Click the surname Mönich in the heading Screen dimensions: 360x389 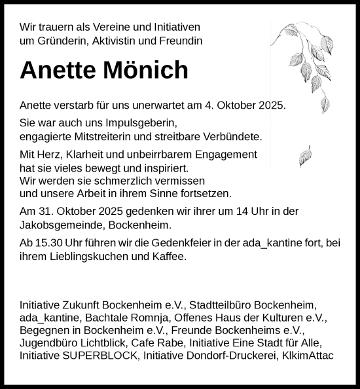click(143, 70)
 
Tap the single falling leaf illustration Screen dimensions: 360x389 click(305, 157)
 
